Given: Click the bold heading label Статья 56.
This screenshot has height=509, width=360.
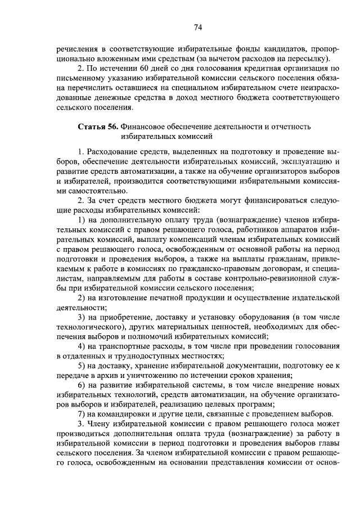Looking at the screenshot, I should [97, 127].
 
